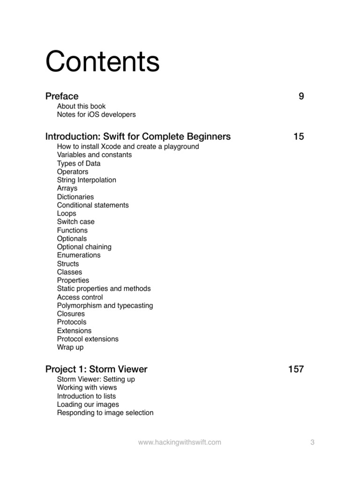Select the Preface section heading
coord(62,96)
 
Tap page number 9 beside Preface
coord(301,96)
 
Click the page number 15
coord(299,136)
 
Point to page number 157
coord(296,369)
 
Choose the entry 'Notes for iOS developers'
coord(96,114)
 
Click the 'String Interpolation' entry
coord(86,180)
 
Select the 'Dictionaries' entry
coord(75,197)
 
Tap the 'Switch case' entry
coord(75,222)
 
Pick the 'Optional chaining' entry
coord(84,247)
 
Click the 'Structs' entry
coord(68,263)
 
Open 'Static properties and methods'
coord(104,289)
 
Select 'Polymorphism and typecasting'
coord(105,306)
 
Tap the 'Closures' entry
coord(71,314)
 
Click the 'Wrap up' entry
coord(70,347)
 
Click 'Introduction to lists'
coord(86,396)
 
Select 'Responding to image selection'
coord(105,413)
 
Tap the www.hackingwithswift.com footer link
coord(180,442)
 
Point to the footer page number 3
coord(312,442)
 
